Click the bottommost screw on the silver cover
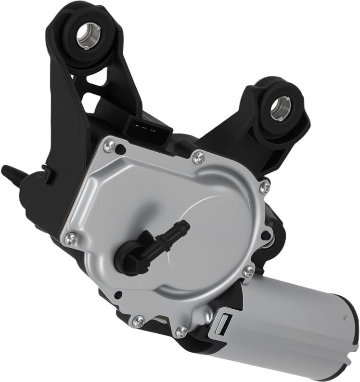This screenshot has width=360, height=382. coord(182,330)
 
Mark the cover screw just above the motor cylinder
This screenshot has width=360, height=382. coord(248,272)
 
